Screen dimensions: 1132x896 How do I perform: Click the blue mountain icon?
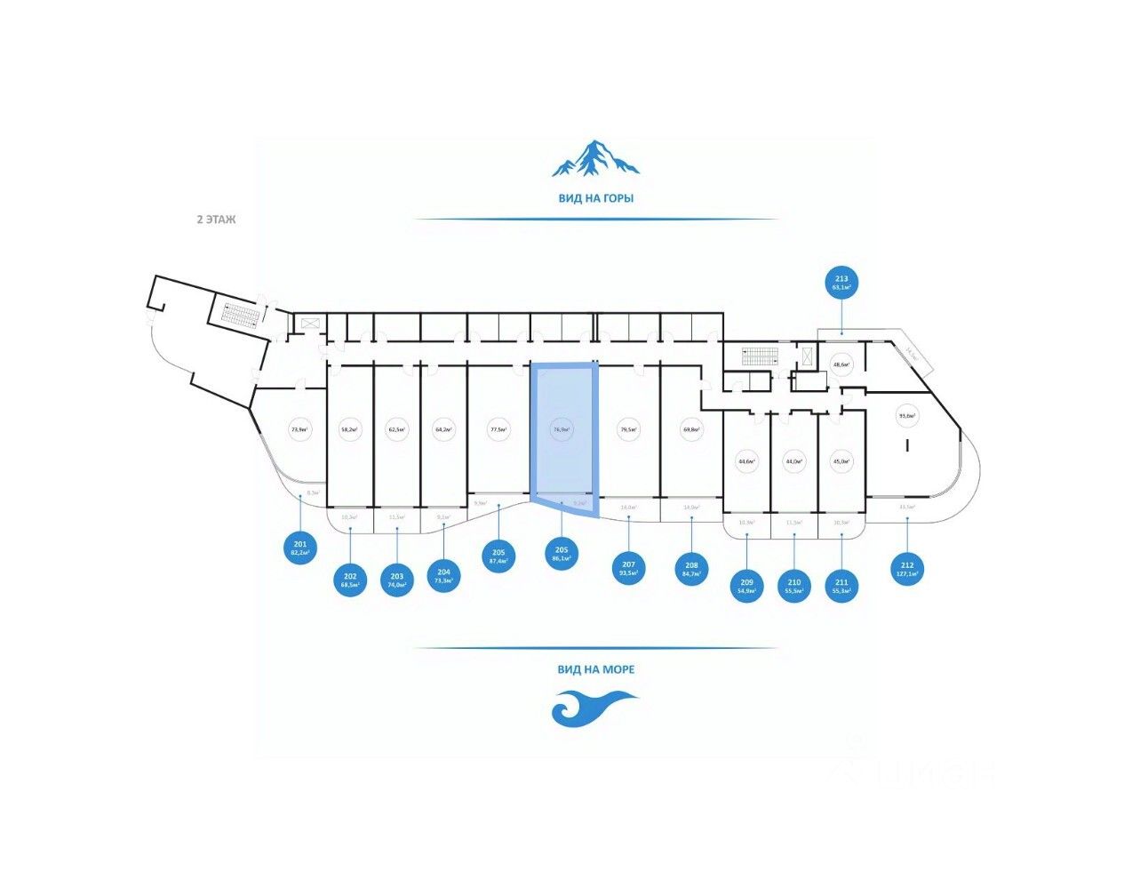(x=595, y=158)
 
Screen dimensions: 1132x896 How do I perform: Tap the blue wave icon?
(x=594, y=708)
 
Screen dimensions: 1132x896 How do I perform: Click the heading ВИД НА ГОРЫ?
(x=595, y=198)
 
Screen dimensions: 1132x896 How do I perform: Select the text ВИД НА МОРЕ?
(x=595, y=669)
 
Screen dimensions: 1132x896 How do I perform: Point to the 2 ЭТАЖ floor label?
(x=216, y=219)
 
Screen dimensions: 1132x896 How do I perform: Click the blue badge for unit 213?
(x=841, y=283)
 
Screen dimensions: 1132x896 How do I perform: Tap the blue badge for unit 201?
(x=300, y=548)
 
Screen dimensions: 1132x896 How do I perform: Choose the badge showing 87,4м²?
(x=498, y=556)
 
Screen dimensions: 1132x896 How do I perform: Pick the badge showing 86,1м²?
(x=562, y=555)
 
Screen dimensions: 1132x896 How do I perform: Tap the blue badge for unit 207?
(x=629, y=569)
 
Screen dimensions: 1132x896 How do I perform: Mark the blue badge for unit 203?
(x=397, y=581)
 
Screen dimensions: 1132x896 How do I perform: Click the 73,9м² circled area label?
(x=299, y=430)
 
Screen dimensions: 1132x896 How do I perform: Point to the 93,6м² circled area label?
(x=907, y=415)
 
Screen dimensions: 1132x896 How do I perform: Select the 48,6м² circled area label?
(x=841, y=364)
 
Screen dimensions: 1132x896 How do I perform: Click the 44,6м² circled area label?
(x=746, y=461)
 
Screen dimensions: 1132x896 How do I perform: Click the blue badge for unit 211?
(x=841, y=587)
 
